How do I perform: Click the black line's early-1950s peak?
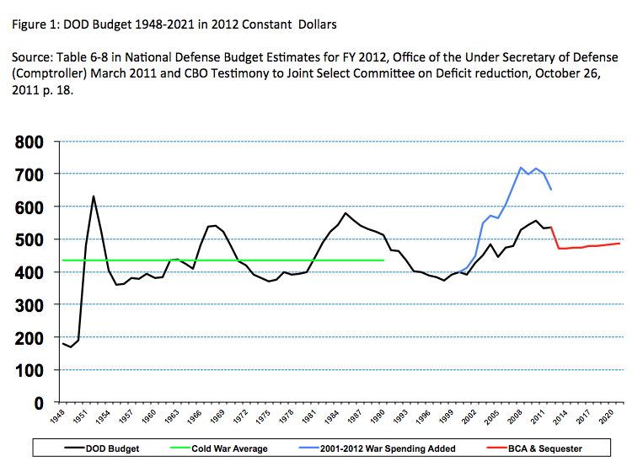(x=94, y=196)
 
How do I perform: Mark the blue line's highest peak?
(x=521, y=167)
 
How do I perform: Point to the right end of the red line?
(x=621, y=243)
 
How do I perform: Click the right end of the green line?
(x=384, y=260)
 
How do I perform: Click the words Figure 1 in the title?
(x=36, y=21)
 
